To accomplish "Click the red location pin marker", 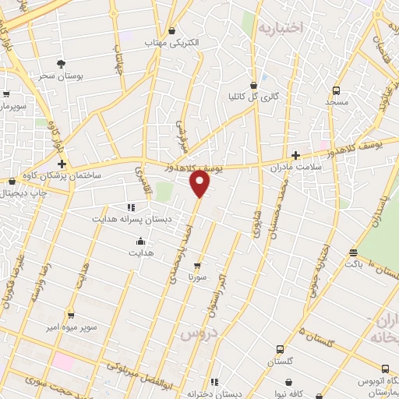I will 200,184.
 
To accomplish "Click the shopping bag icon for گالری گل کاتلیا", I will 253,85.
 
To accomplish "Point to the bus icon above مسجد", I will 336,90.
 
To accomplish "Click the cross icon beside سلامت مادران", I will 295,155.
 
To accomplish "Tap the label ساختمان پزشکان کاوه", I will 81,177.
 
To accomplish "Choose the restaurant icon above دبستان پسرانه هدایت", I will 131,207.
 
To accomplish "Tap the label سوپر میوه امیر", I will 70,327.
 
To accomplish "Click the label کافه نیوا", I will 292,394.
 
